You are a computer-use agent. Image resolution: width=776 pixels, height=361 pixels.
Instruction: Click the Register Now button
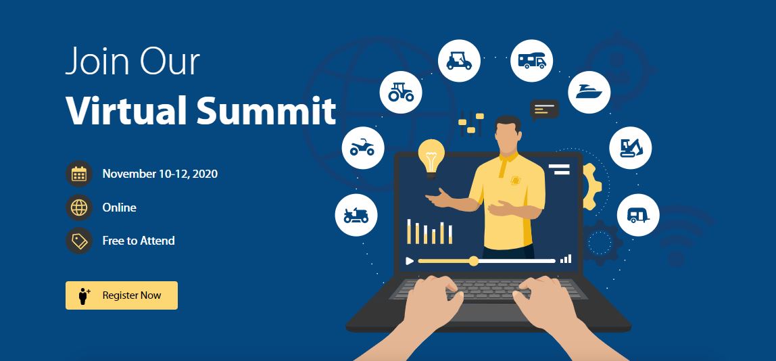click(x=122, y=295)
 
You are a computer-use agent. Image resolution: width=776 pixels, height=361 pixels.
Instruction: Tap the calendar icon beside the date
click(x=79, y=174)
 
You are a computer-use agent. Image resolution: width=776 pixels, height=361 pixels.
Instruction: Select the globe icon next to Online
click(x=79, y=208)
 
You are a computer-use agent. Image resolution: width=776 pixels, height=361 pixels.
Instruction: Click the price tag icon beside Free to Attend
click(x=79, y=241)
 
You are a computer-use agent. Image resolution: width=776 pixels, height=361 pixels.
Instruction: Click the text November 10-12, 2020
click(x=160, y=174)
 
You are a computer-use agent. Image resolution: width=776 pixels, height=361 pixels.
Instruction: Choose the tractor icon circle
click(x=402, y=91)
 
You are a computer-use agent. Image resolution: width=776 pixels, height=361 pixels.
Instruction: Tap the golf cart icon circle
click(x=460, y=61)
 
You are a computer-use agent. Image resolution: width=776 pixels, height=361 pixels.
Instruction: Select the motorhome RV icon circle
click(x=531, y=61)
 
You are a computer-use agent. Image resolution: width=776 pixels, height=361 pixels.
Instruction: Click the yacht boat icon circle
click(x=589, y=92)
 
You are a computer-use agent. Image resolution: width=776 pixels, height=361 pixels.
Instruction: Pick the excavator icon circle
click(x=630, y=147)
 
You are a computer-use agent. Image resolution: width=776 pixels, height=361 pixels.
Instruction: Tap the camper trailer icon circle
click(x=638, y=215)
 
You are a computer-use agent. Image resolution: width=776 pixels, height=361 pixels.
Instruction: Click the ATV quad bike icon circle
click(x=363, y=147)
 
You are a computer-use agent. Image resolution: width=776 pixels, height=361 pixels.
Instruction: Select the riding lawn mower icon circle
click(x=356, y=215)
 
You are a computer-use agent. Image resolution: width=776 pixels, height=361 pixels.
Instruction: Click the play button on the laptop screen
click(x=409, y=261)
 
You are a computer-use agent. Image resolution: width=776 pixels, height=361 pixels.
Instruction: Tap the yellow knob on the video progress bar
click(x=473, y=261)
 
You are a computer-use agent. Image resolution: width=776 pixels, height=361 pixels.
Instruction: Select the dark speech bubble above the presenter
click(x=544, y=109)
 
